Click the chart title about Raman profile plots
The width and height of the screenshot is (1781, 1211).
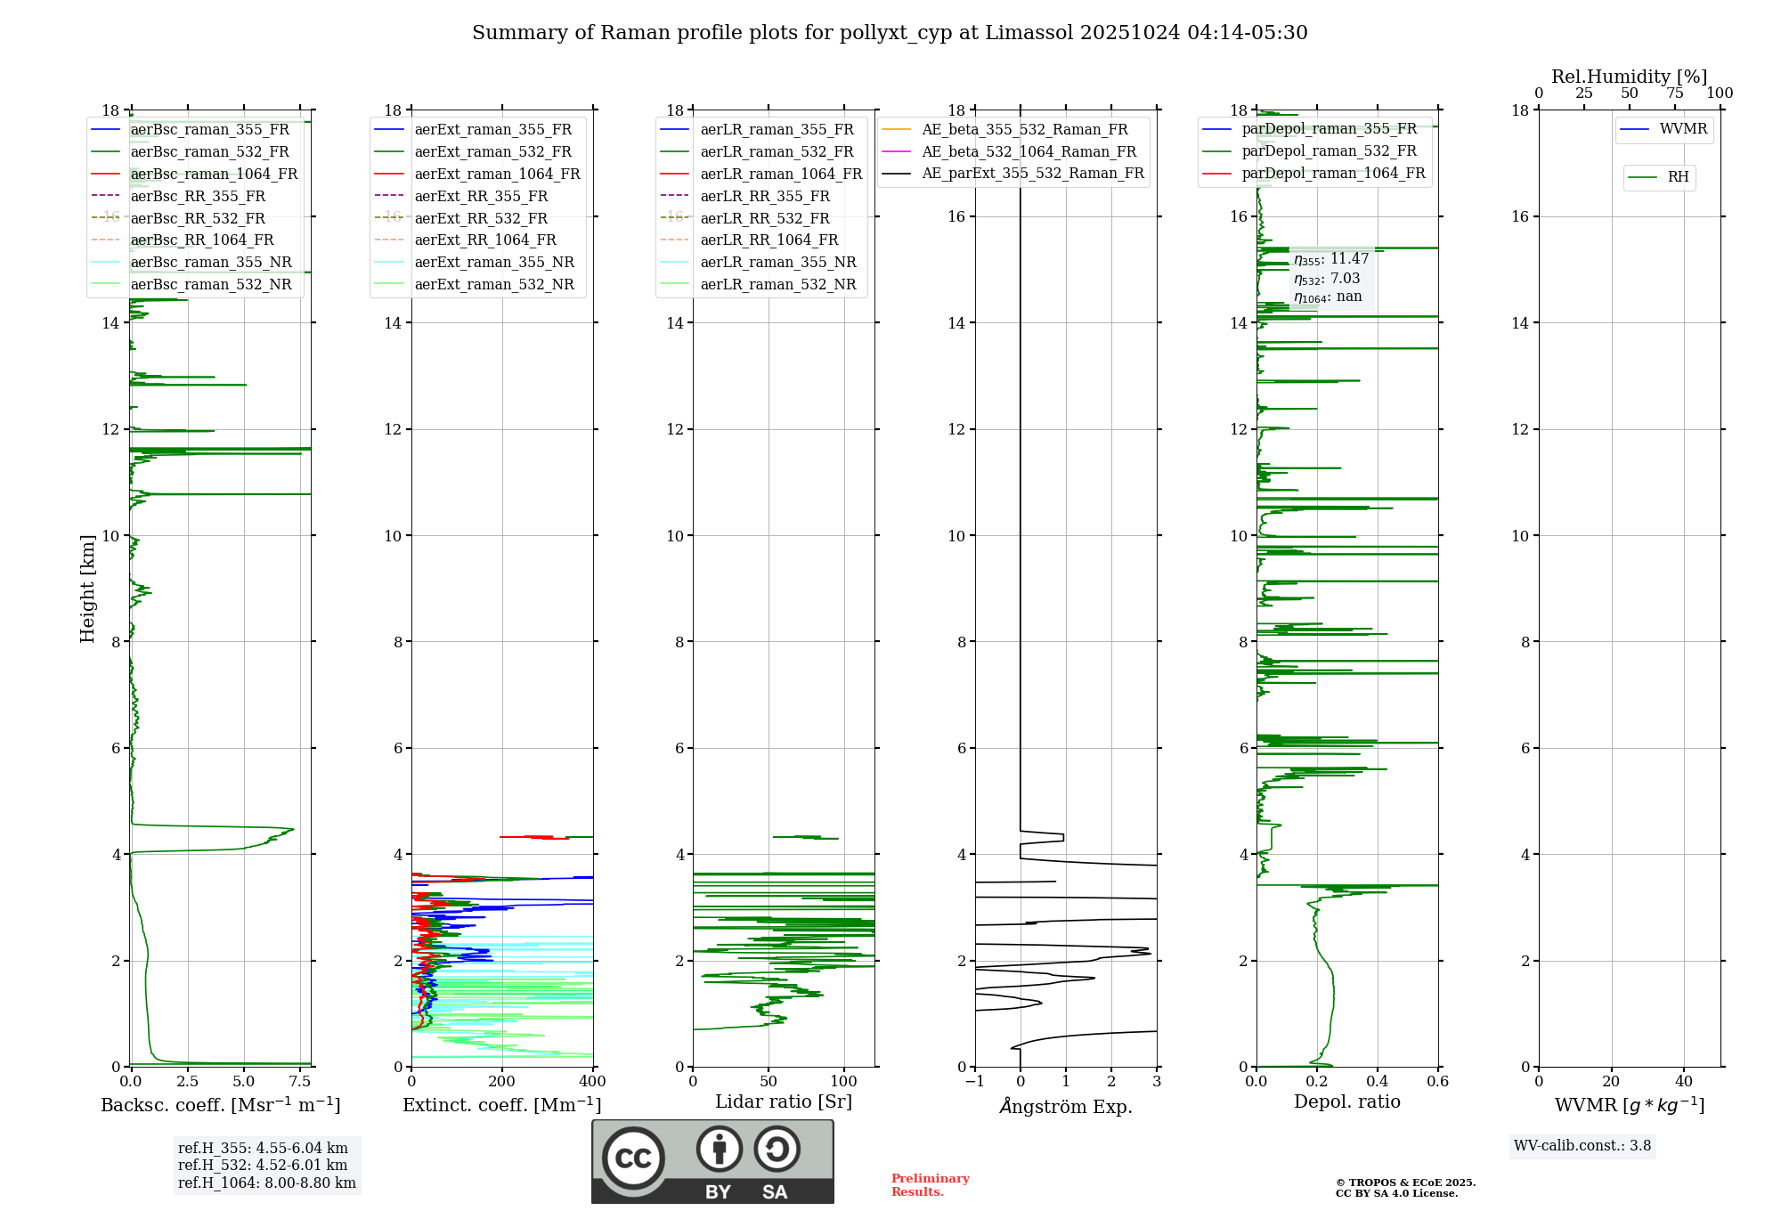pyautogui.click(x=890, y=33)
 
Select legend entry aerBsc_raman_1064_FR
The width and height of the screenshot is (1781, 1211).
pyautogui.click(x=214, y=174)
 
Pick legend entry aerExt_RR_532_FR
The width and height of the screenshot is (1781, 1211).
pyautogui.click(x=481, y=218)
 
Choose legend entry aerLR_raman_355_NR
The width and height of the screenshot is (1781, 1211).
pyautogui.click(x=777, y=262)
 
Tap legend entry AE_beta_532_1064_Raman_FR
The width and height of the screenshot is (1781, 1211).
pyautogui.click(x=1029, y=151)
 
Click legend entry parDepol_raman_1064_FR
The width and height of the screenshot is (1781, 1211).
pyautogui.click(x=1333, y=173)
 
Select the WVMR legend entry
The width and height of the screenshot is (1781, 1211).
pyautogui.click(x=1683, y=129)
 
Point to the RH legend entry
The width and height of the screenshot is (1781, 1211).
pyautogui.click(x=1678, y=177)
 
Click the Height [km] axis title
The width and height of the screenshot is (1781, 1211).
pyautogui.click(x=87, y=588)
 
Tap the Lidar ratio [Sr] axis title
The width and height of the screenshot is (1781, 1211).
pyautogui.click(x=784, y=1101)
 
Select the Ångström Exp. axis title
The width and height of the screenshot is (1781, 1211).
pyautogui.click(x=1066, y=1107)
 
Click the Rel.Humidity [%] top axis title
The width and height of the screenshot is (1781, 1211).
pyautogui.click(x=1629, y=77)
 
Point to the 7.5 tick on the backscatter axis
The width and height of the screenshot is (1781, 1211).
pyautogui.click(x=300, y=1082)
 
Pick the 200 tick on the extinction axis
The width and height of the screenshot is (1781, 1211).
pyautogui.click(x=501, y=1082)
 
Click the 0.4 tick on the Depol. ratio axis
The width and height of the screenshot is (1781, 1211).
pyautogui.click(x=1378, y=1082)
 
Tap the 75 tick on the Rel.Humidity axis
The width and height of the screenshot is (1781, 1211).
pyautogui.click(x=1675, y=93)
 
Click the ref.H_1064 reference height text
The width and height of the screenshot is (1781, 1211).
pyautogui.click(x=266, y=1183)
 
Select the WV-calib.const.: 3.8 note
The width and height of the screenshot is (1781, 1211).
pyautogui.click(x=1582, y=1146)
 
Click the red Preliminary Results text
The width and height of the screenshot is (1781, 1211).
pyautogui.click(x=930, y=1185)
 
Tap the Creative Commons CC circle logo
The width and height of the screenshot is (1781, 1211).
pyautogui.click(x=633, y=1158)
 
